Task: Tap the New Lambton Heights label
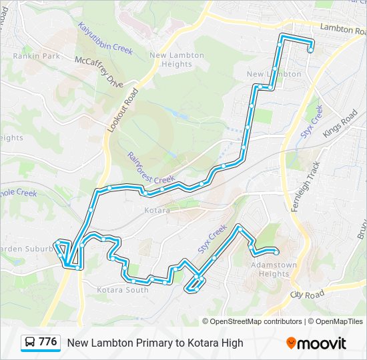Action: (x=171, y=60)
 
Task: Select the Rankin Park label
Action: (x=36, y=56)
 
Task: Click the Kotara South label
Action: (x=123, y=290)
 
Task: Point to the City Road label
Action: (x=307, y=293)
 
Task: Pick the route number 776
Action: (x=47, y=342)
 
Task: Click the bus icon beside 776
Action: (x=29, y=343)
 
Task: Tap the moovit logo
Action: (x=316, y=343)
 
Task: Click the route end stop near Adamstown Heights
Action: (x=276, y=251)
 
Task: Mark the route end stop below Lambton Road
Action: (x=310, y=49)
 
